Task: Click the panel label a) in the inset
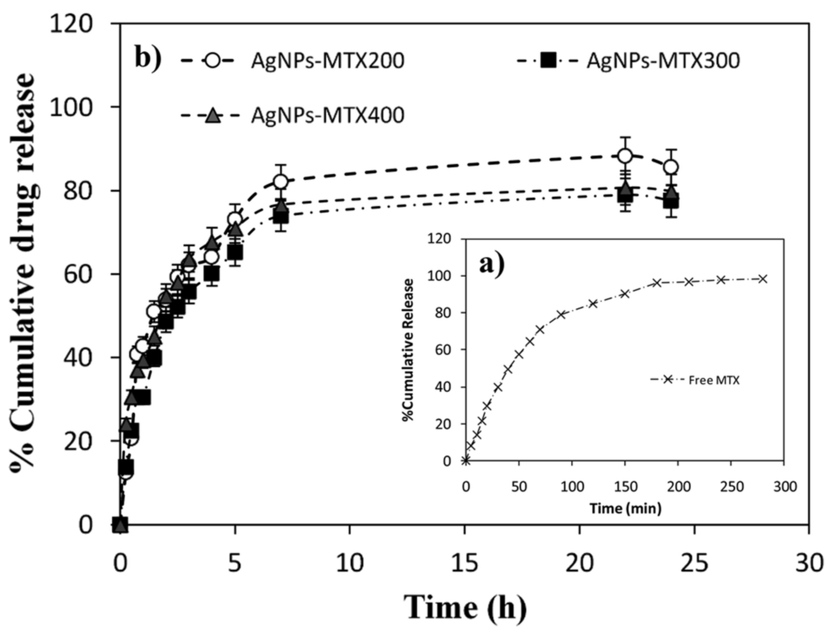tap(492, 265)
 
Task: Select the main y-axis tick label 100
tap(71, 107)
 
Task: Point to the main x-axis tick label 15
tap(464, 564)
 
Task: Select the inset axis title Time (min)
tap(625, 508)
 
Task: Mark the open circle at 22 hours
tap(625, 156)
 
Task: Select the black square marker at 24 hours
tap(671, 202)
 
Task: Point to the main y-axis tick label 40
tap(78, 357)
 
